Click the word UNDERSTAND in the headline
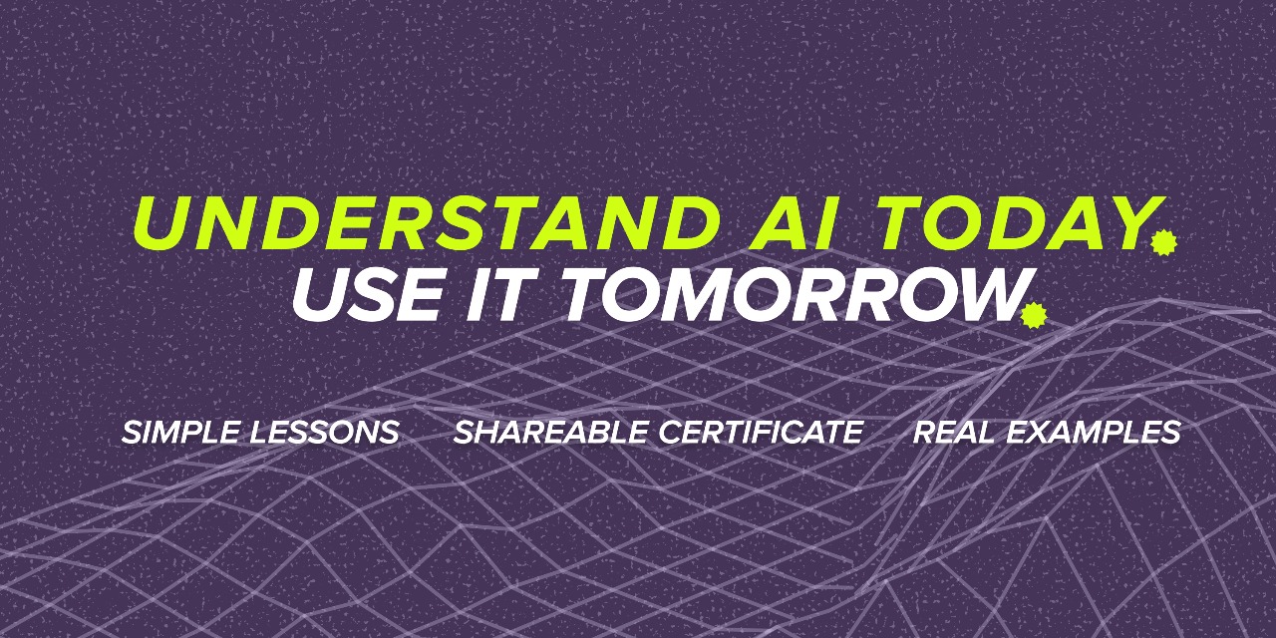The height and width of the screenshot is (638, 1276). click(428, 223)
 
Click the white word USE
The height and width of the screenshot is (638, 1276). click(369, 294)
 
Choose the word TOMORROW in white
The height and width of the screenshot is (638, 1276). click(793, 294)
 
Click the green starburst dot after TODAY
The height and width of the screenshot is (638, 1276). click(1163, 242)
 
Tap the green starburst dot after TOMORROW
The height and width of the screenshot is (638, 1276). click(1034, 316)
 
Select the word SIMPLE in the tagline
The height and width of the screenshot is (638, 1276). click(182, 432)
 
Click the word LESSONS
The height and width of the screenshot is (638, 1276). click(325, 432)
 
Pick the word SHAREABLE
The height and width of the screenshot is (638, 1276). click(552, 432)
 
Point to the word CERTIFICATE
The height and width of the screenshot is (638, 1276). click(761, 432)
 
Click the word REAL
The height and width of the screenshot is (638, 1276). click(955, 432)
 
